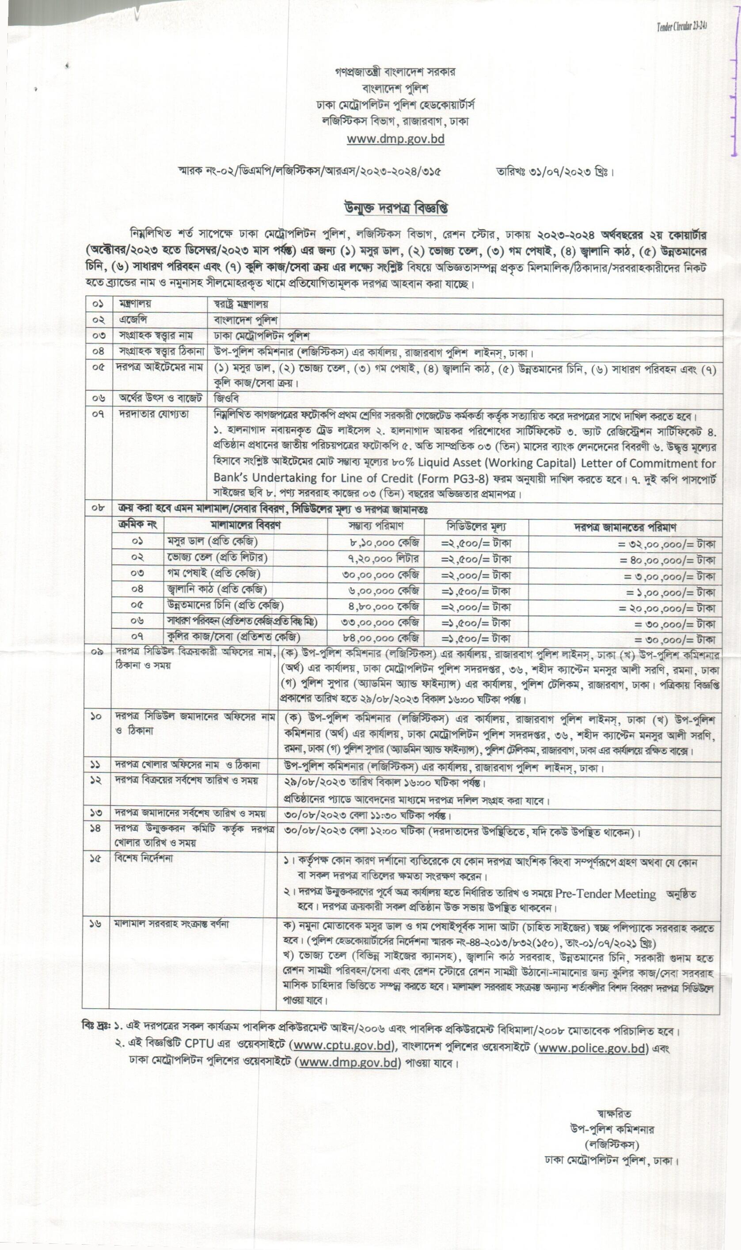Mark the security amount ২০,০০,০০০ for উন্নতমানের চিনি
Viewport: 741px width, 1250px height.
(667, 608)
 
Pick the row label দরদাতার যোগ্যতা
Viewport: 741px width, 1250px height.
(154, 414)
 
